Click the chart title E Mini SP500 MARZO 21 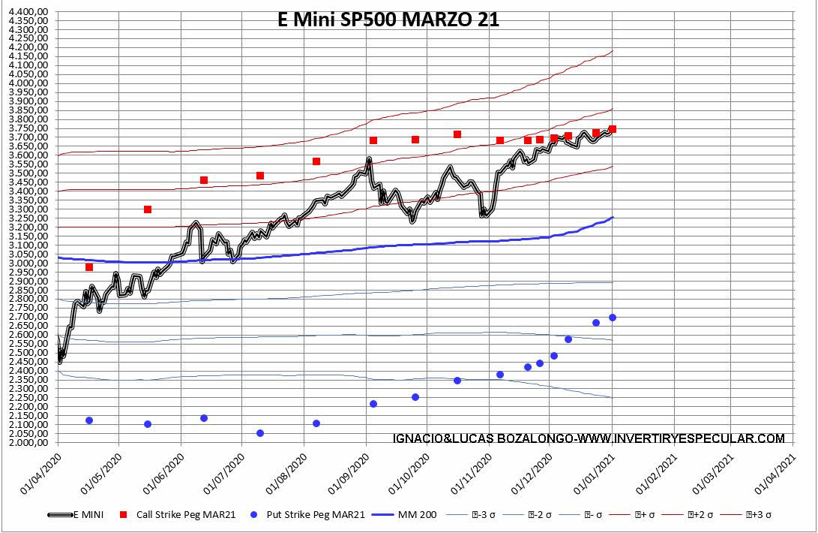pos(388,20)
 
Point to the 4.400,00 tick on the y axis pos(28,11)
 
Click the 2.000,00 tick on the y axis pos(28,443)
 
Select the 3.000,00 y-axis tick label pos(28,263)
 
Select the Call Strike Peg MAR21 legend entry pos(187,515)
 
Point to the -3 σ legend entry pos(484,515)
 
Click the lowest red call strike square pos(89,267)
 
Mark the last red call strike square pos(613,129)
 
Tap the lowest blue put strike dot pos(260,433)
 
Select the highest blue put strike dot pos(613,318)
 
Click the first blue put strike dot pos(89,420)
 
